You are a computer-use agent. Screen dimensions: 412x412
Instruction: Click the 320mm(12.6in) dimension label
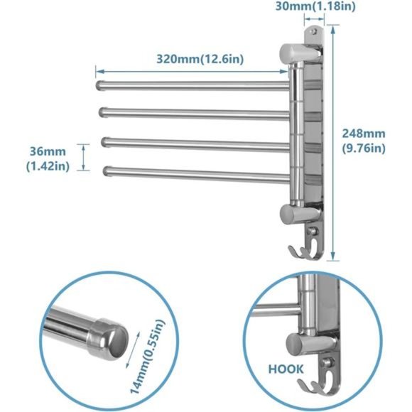tap(200, 60)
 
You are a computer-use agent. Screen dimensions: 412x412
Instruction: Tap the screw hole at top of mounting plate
tap(313, 33)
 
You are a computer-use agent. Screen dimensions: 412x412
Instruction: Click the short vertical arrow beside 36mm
tap(85, 157)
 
